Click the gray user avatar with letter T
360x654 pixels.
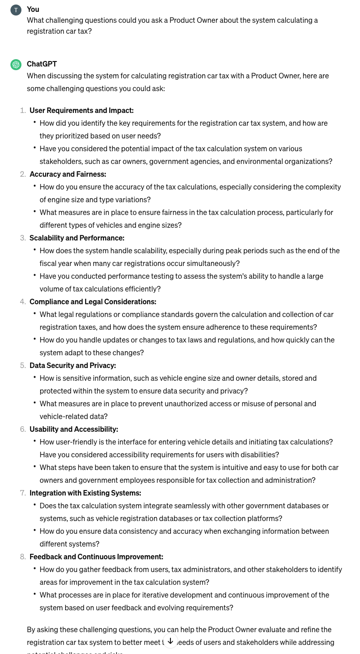point(16,10)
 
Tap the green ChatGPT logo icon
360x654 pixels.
point(16,65)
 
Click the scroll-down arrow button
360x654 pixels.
point(170,641)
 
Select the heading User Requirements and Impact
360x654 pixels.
point(82,110)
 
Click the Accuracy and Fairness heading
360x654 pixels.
point(68,174)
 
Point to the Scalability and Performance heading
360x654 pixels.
point(77,238)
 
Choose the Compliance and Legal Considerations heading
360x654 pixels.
point(93,301)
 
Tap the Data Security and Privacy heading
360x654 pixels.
point(73,365)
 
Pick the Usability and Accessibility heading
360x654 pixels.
point(74,429)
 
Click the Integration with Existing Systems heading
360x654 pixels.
point(85,493)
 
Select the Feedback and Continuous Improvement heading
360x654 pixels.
point(96,557)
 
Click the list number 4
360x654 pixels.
point(23,301)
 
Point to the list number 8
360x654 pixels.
point(23,557)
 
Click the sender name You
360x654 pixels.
point(33,9)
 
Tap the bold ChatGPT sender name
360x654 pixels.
point(42,64)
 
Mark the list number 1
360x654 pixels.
point(23,110)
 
